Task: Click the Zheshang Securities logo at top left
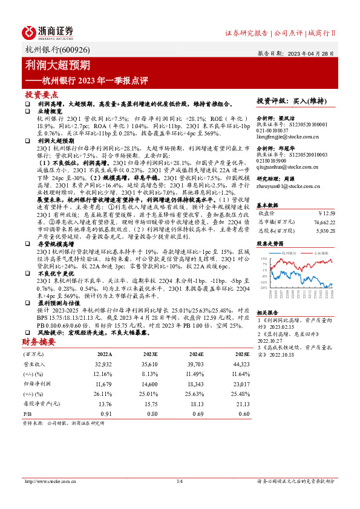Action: tap(48, 32)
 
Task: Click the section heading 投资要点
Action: tap(41, 95)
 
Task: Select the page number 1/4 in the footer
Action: tap(179, 481)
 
